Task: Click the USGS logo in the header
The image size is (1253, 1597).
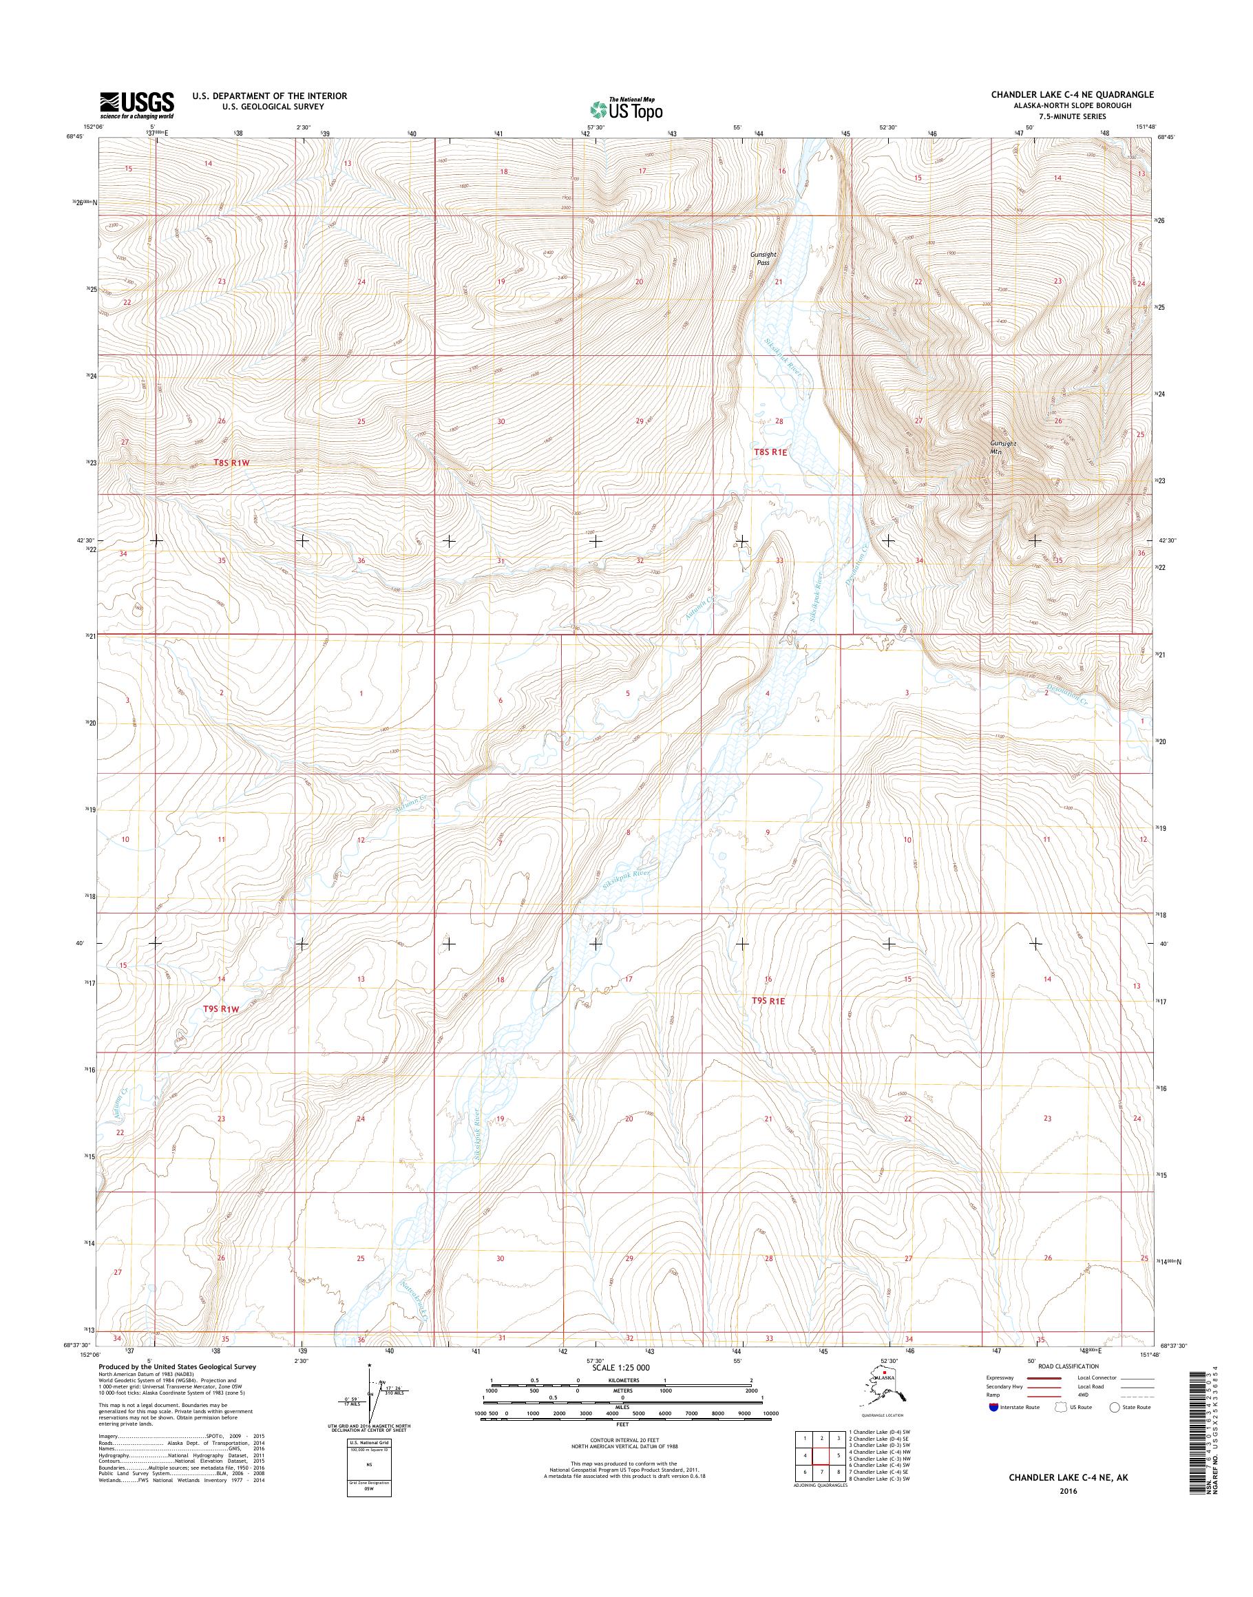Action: [x=137, y=105]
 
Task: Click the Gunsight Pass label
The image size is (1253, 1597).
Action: [x=763, y=258]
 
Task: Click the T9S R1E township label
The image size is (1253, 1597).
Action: [x=769, y=1001]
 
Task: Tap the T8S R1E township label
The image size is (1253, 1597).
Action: [x=770, y=453]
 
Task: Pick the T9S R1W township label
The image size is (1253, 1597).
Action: [x=221, y=1009]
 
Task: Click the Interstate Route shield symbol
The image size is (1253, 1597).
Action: [x=994, y=1407]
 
